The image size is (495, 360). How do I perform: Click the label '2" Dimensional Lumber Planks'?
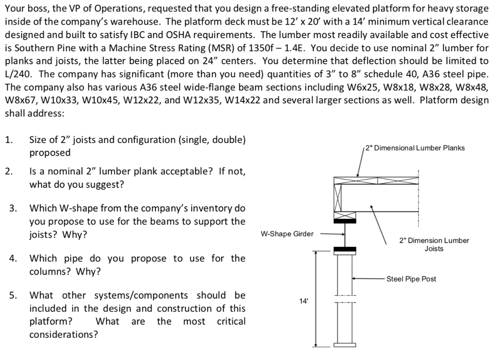click(x=415, y=148)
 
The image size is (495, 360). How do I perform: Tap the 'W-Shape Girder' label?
click(x=287, y=234)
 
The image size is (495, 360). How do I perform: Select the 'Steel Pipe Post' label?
click(x=411, y=279)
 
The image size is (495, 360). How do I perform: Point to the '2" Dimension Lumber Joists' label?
click(x=434, y=245)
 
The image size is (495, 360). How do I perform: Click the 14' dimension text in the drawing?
click(x=303, y=301)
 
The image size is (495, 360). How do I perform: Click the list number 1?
click(x=8, y=140)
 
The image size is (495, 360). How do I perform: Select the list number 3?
click(x=13, y=209)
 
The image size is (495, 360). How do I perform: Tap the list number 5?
click(x=13, y=295)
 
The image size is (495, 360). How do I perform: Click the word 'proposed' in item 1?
click(x=50, y=153)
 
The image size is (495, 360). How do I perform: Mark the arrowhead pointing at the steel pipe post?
click(x=354, y=279)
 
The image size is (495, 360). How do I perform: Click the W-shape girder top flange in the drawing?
click(x=345, y=220)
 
